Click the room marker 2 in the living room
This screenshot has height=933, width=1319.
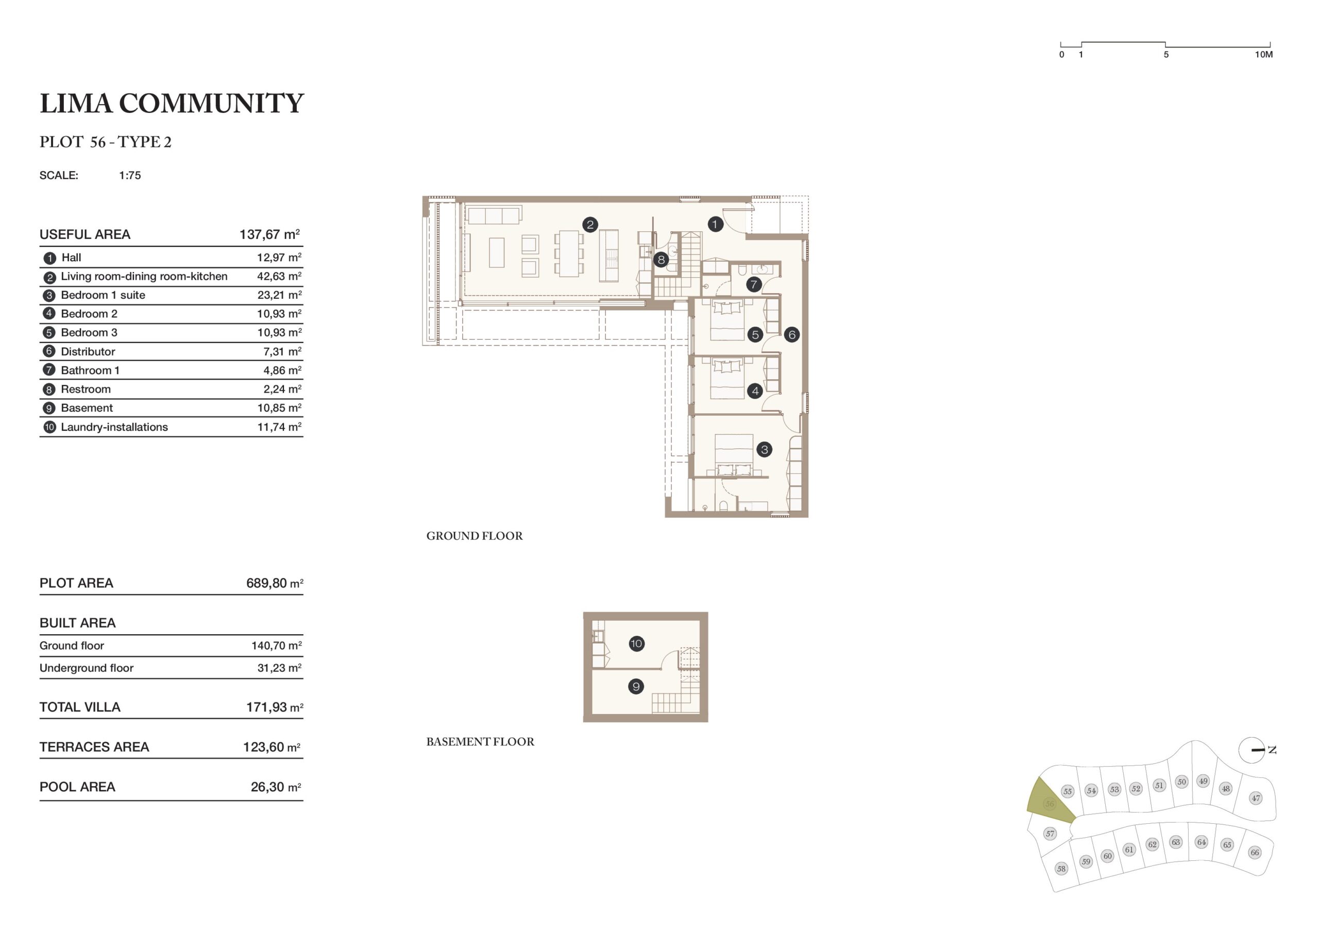[590, 225]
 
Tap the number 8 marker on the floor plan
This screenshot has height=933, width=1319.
[661, 260]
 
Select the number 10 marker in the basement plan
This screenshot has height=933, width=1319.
[636, 643]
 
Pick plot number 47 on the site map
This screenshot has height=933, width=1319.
[1256, 798]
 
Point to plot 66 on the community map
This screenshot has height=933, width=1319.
[1255, 853]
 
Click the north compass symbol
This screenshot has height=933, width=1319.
[1253, 750]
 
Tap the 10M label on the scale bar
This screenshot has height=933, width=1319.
[1264, 55]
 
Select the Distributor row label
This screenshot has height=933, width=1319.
[88, 351]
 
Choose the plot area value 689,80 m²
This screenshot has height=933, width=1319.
[275, 583]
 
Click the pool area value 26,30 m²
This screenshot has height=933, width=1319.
[276, 787]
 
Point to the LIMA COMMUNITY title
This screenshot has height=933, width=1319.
[172, 104]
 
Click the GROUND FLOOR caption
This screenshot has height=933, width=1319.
[475, 536]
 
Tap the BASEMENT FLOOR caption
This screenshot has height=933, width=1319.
[480, 742]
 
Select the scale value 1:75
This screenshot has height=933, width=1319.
[130, 176]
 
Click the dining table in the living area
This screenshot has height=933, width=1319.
[569, 254]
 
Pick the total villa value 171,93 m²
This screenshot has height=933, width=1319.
[275, 707]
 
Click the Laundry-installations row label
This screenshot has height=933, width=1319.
[114, 427]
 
